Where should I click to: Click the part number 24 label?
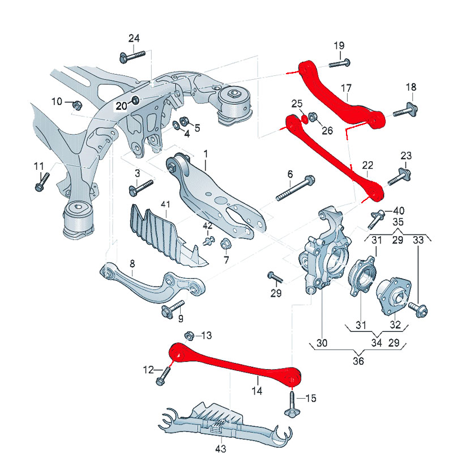[x=134, y=39]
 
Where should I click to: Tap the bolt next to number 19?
[x=339, y=63]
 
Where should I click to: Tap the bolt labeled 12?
[x=163, y=376]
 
